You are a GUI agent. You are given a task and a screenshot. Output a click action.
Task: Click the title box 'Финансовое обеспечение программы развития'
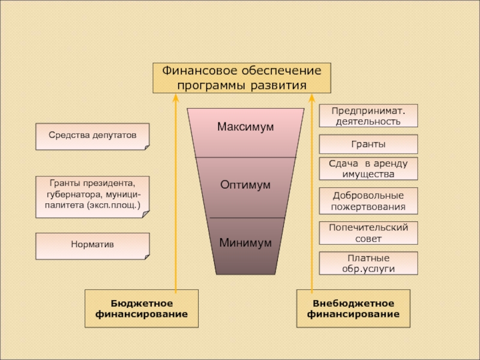coord(241,78)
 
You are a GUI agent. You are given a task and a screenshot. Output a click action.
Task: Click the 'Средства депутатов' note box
coord(92,136)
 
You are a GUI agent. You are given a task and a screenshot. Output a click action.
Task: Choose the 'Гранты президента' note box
coord(92,196)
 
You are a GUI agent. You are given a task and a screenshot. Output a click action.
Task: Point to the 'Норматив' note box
coord(92,245)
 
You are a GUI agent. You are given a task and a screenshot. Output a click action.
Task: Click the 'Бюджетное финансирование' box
coord(142,308)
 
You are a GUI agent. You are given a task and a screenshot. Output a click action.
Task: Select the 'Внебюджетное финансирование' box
coord(353,308)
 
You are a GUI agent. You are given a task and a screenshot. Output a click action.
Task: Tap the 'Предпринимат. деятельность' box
coord(368,116)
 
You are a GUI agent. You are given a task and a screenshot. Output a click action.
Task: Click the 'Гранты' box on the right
coord(368,145)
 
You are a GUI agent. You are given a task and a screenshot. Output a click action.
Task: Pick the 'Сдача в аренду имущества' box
coord(368,169)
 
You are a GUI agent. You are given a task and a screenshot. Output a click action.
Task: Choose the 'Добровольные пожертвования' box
coord(368,201)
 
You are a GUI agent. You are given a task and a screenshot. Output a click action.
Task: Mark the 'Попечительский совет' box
coord(368,233)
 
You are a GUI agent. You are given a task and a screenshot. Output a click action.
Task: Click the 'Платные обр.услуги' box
coord(368,263)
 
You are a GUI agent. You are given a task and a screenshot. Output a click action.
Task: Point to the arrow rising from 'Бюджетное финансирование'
coord(175,192)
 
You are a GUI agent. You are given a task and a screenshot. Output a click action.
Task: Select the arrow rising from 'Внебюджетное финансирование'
coord(311,192)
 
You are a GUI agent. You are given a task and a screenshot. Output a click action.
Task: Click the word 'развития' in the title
coord(277,85)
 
